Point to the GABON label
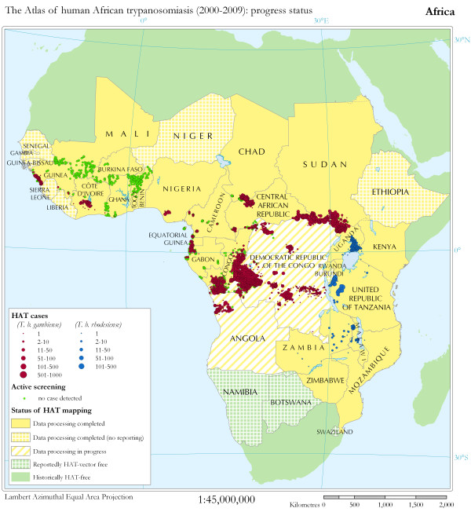point(202,258)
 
